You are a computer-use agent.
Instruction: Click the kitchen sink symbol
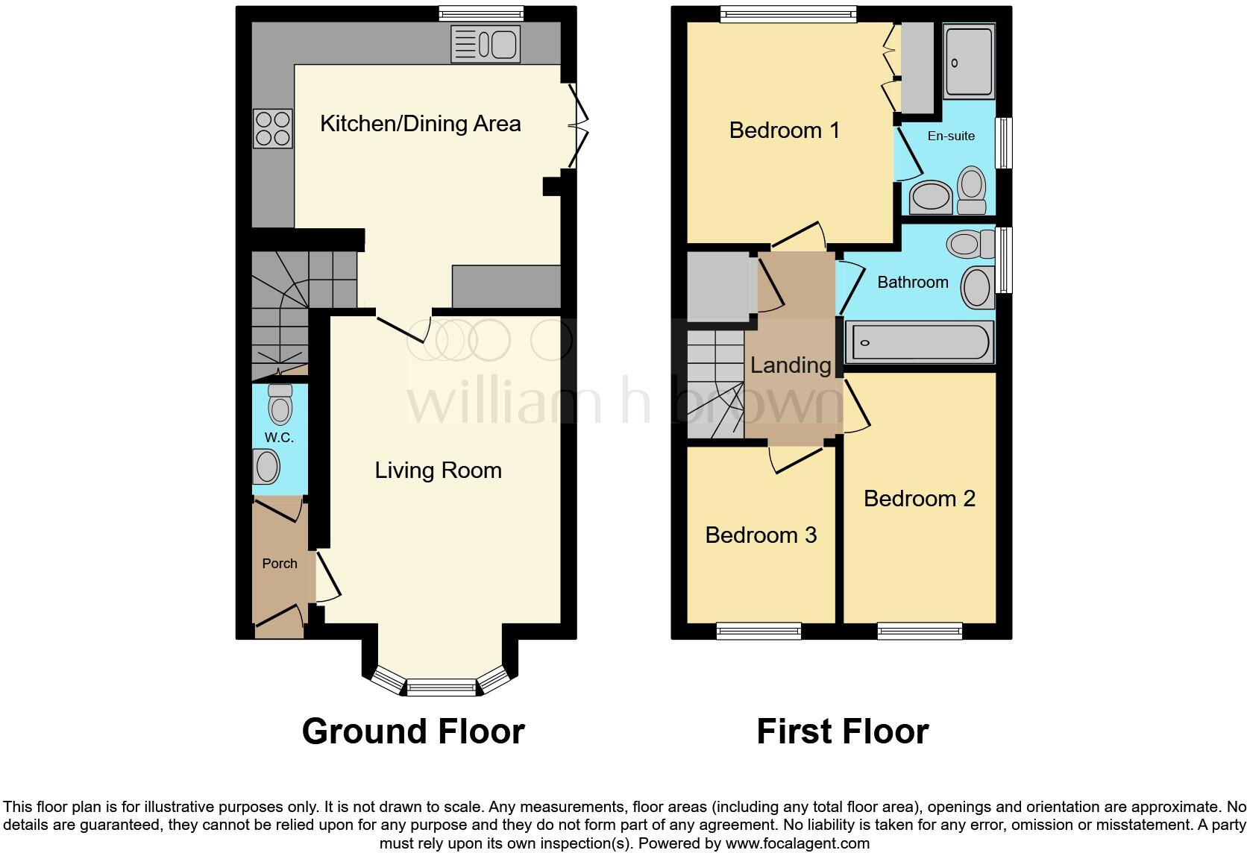click(485, 45)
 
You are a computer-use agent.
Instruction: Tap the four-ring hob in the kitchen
click(272, 128)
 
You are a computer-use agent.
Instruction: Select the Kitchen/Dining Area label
click(420, 124)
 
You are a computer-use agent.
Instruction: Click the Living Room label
click(438, 470)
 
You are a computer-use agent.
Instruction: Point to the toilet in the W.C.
click(280, 406)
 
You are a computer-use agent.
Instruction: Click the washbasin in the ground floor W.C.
click(267, 468)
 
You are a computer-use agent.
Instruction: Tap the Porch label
click(280, 564)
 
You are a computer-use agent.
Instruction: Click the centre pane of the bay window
click(442, 687)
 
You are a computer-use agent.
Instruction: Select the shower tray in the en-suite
click(969, 63)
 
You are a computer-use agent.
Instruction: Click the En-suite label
click(951, 136)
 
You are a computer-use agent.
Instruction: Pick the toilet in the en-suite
click(971, 189)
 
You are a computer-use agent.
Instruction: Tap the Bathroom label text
click(913, 283)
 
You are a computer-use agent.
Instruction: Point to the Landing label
click(791, 365)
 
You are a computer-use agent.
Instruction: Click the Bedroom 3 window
click(759, 632)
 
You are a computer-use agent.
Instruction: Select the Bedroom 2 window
click(920, 632)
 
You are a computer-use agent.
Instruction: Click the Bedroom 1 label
click(784, 130)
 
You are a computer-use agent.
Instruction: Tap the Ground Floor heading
click(413, 731)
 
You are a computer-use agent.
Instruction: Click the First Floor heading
click(843, 731)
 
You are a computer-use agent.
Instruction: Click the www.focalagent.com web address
click(797, 844)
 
